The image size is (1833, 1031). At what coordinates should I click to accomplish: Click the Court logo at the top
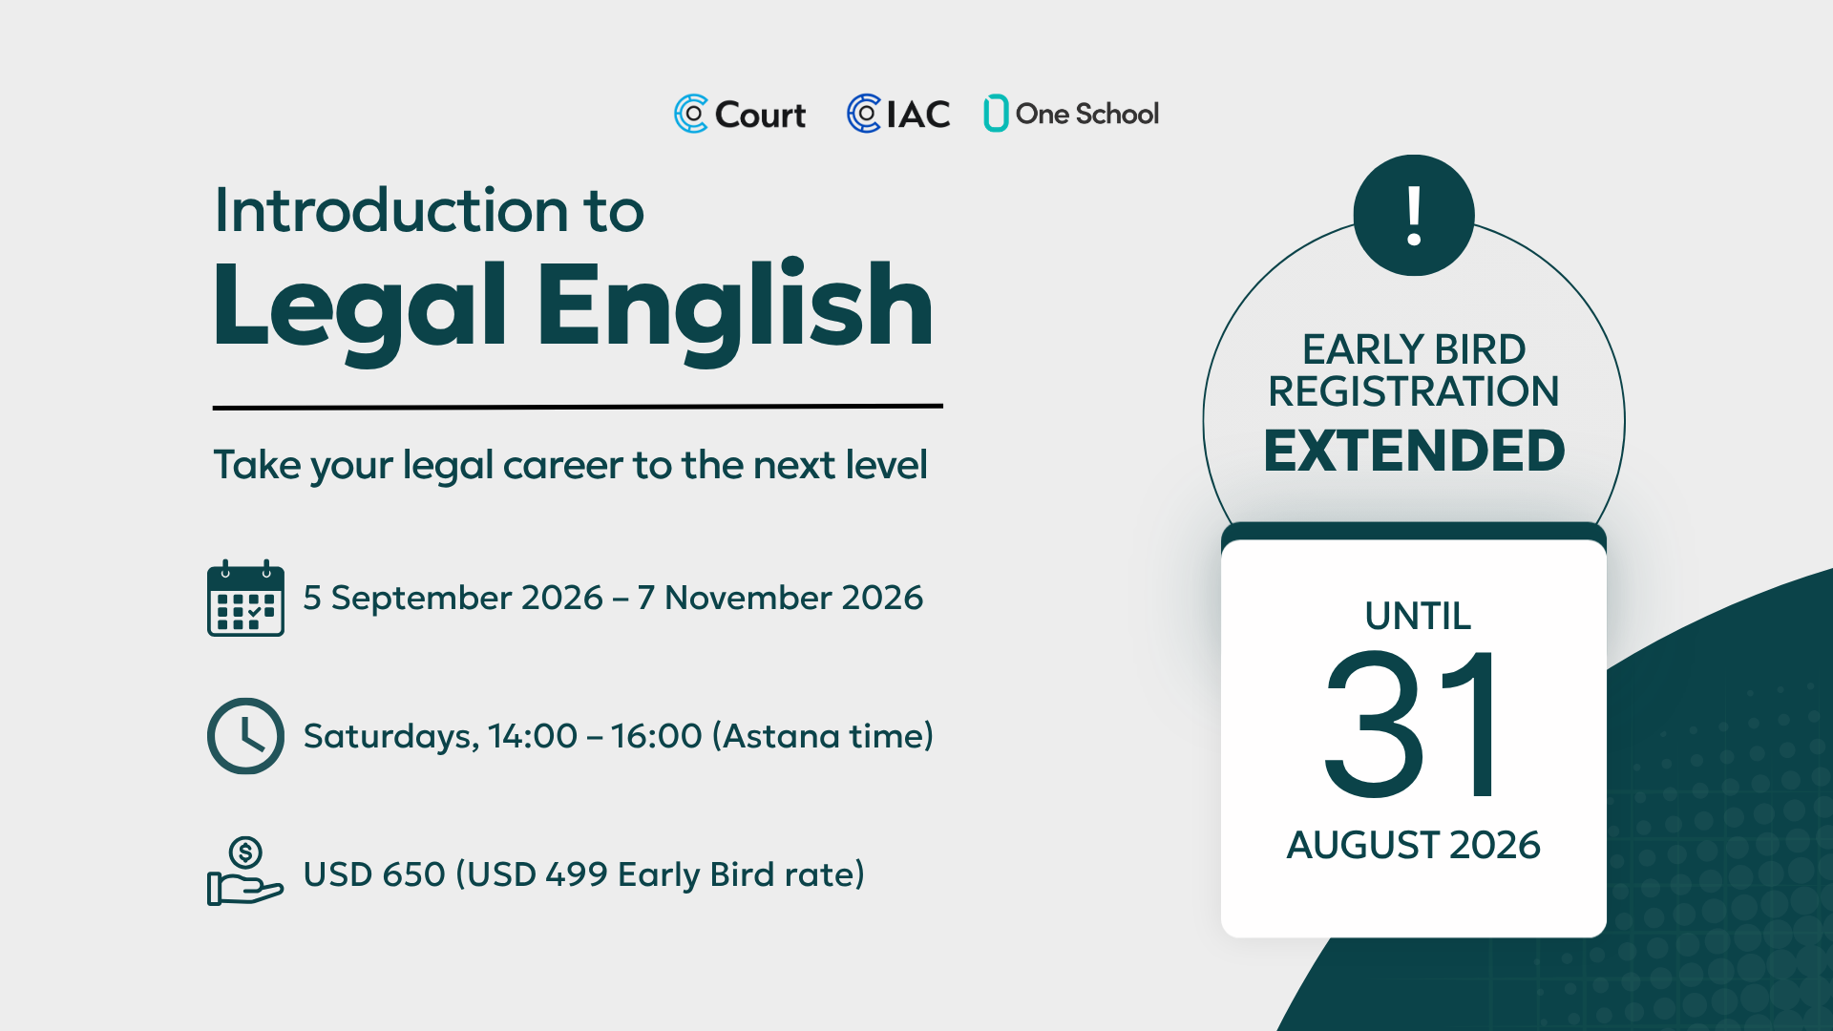click(x=740, y=115)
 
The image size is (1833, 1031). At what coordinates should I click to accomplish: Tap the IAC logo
click(x=898, y=114)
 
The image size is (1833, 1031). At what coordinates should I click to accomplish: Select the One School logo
click(x=1071, y=114)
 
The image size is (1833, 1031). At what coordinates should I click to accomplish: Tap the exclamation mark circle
click(x=1414, y=215)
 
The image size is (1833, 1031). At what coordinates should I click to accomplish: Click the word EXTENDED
click(x=1414, y=451)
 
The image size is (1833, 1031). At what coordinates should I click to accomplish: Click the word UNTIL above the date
click(x=1418, y=616)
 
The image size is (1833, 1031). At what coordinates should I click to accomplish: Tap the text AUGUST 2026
click(x=1414, y=845)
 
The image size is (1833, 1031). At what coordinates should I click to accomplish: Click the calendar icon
click(x=245, y=598)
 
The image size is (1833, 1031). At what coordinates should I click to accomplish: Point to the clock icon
click(x=245, y=736)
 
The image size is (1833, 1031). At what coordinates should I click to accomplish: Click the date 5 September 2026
click(x=453, y=598)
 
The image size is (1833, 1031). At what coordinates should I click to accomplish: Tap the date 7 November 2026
click(x=781, y=598)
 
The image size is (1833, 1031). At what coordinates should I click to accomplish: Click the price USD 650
click(x=374, y=874)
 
